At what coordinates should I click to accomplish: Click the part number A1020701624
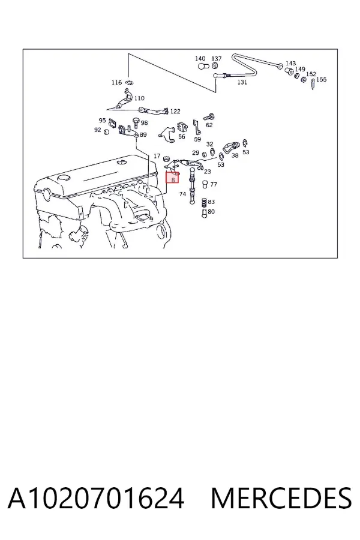coord(96,499)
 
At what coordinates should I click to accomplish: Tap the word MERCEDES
coord(281,499)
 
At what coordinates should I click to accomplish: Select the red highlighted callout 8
coord(173,178)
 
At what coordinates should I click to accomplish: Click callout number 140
coord(200,59)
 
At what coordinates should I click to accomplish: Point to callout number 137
coord(217,59)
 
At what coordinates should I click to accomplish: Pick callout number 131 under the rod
coord(242,82)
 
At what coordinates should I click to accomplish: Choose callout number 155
coord(321,80)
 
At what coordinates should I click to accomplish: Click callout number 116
coord(117,83)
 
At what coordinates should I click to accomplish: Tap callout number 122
coord(175,111)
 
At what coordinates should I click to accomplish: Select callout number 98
coord(144,123)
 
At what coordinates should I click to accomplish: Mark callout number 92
coord(97,130)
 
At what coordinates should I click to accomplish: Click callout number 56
coord(182,137)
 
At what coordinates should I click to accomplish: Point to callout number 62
coord(209,125)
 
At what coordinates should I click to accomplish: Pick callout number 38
coord(235,155)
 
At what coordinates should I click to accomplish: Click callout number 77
coord(214,184)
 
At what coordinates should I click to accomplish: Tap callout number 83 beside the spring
coord(211,202)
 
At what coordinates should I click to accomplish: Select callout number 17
coord(157,156)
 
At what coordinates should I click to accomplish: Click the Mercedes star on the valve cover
coord(122,162)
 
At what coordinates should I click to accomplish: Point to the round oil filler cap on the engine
coord(64,178)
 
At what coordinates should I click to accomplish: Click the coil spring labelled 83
coord(204,203)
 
